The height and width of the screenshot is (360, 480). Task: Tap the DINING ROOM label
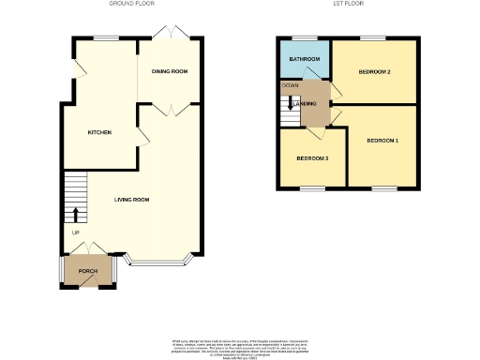click(x=171, y=71)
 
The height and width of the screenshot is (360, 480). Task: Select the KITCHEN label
click(x=99, y=132)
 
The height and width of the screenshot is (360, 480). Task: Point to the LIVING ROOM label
click(x=132, y=200)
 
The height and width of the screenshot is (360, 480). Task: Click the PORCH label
click(x=87, y=271)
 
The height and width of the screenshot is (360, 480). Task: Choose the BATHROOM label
click(x=304, y=60)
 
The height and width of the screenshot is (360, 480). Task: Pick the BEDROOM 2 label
click(x=373, y=71)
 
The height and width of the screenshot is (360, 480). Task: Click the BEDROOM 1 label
click(x=382, y=141)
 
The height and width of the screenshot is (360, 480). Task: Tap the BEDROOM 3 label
click(x=312, y=158)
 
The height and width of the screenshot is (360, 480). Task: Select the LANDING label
click(x=314, y=103)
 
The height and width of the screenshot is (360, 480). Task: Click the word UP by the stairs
click(x=75, y=232)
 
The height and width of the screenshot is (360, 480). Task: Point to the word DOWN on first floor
click(x=290, y=85)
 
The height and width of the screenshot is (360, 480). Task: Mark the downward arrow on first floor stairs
click(x=290, y=103)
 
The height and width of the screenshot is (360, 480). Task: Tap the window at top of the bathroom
click(x=303, y=38)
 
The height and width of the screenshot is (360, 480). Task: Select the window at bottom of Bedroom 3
click(x=312, y=187)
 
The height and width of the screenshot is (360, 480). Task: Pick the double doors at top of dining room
click(x=171, y=34)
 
